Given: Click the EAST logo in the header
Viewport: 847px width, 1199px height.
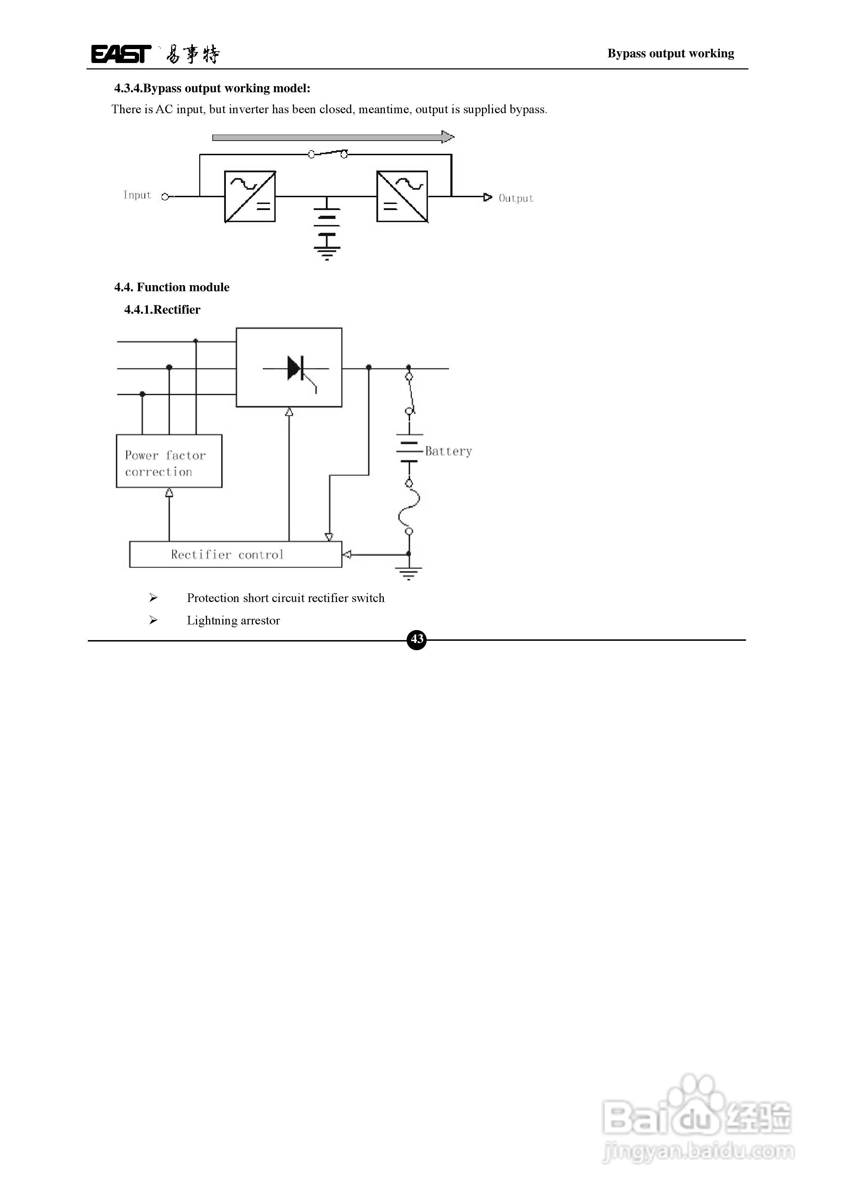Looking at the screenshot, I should click(x=121, y=54).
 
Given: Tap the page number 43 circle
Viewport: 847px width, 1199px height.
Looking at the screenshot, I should click(x=417, y=639).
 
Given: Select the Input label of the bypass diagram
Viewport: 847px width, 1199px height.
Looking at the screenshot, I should click(x=137, y=195).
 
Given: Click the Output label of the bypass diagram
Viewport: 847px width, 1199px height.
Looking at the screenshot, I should click(x=515, y=198).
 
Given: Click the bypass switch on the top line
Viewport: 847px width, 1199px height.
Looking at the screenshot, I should click(x=328, y=153).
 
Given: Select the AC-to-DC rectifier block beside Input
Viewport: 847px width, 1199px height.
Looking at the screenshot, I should click(x=250, y=197).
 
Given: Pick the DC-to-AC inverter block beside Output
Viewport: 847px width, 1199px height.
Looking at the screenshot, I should click(x=402, y=197).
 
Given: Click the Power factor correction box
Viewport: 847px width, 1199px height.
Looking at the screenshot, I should click(x=169, y=461).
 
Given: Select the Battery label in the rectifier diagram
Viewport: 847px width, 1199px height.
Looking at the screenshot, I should click(x=448, y=451).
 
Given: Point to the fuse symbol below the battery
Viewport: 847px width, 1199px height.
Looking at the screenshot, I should click(x=409, y=507).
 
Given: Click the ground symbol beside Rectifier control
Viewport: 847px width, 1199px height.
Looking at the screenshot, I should click(x=409, y=572).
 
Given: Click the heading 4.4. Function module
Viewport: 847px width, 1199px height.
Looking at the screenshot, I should click(x=172, y=287).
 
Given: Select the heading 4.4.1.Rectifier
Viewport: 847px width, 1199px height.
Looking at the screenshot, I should click(x=162, y=310).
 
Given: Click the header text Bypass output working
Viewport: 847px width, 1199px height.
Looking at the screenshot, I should click(x=671, y=53).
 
